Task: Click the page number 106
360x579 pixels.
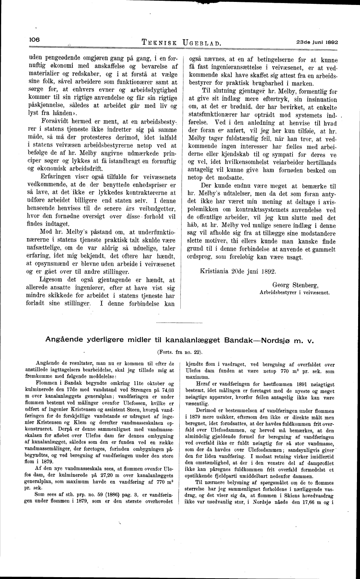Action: click(x=34, y=40)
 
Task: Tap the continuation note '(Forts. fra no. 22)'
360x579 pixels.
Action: click(x=180, y=351)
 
